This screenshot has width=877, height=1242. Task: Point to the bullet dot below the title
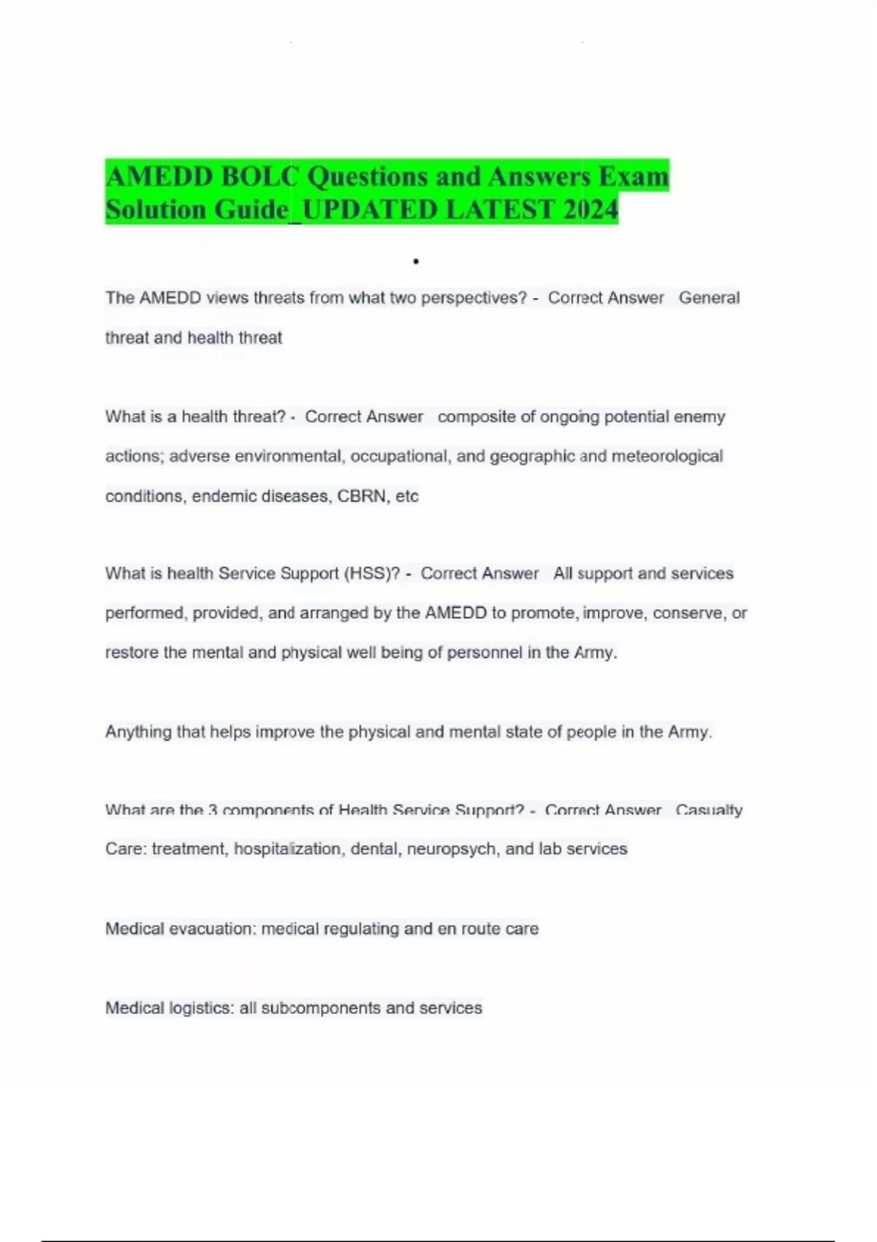tap(415, 262)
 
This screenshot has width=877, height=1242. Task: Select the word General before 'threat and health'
tap(709, 298)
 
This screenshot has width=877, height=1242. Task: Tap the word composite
tap(477, 417)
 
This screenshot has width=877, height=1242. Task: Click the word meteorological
tap(667, 457)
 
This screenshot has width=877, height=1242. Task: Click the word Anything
tap(138, 732)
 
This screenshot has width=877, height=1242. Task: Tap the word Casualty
tap(709, 810)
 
